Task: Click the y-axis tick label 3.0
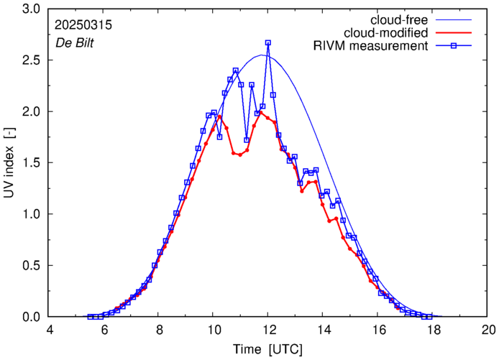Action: (x=31, y=9)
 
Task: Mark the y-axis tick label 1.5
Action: (x=31, y=163)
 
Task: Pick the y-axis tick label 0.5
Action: (x=31, y=266)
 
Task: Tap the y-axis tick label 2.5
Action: (x=31, y=60)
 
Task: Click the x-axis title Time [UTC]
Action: (x=268, y=349)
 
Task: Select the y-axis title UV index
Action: (x=9, y=163)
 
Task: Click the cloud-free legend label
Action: (x=400, y=19)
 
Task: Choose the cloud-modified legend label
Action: (x=387, y=33)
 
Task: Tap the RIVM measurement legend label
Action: (x=371, y=47)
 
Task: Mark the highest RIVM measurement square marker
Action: (x=268, y=43)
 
